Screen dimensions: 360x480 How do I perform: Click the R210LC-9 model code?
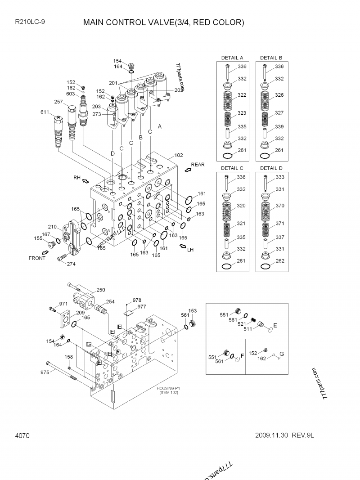coord(30,22)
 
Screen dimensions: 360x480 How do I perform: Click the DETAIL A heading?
coord(232,58)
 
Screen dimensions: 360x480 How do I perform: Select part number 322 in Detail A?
coord(242,95)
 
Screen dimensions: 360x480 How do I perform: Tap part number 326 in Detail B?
coord(279,95)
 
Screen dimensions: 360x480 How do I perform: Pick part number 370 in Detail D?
coord(280,206)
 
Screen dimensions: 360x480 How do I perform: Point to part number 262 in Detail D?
coord(280,261)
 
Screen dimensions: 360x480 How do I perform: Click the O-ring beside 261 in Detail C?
coord(227,266)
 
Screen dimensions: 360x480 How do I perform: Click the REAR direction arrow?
coord(188,170)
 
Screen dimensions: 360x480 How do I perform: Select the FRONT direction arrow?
coord(45,252)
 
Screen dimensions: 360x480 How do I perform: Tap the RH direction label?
coord(77,178)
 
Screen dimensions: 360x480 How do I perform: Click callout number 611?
coord(45,112)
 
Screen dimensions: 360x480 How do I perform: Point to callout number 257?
coord(58,102)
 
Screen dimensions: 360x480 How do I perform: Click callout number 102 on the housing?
coord(179,155)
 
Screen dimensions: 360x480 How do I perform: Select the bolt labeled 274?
coord(62,258)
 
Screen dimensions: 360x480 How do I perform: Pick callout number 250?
coord(101,290)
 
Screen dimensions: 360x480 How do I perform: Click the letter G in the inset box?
coord(282,354)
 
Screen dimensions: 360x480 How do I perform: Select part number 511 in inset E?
coord(247,329)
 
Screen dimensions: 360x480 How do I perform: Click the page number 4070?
coord(22,435)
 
